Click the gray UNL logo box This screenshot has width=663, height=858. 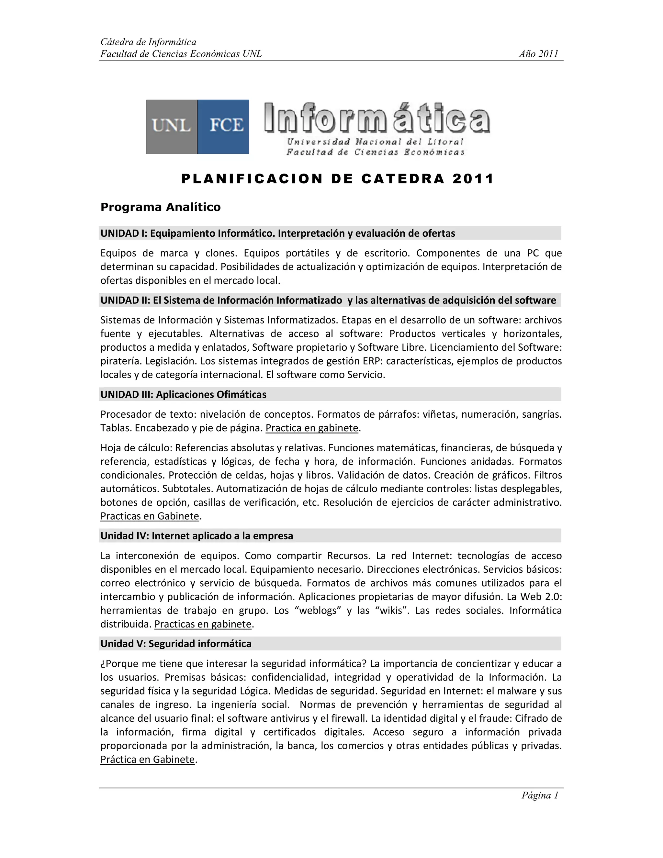[x=171, y=127]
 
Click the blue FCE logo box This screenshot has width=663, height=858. [x=223, y=127]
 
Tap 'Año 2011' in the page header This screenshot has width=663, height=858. [x=538, y=54]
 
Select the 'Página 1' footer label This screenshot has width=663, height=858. [x=540, y=795]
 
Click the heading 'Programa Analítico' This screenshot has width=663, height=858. [x=160, y=207]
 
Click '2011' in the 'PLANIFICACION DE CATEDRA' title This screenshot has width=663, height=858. [x=473, y=179]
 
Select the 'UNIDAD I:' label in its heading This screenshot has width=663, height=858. [x=124, y=233]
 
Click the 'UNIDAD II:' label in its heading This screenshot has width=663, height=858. [x=125, y=300]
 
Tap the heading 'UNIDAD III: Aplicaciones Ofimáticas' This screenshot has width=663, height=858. [x=184, y=394]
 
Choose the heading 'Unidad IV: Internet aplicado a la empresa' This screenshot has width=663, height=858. [x=197, y=536]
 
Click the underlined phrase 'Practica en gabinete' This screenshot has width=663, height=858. [x=312, y=428]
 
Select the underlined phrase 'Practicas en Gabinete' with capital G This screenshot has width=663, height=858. [x=150, y=516]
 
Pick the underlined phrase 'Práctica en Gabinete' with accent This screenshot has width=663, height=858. [x=148, y=759]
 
